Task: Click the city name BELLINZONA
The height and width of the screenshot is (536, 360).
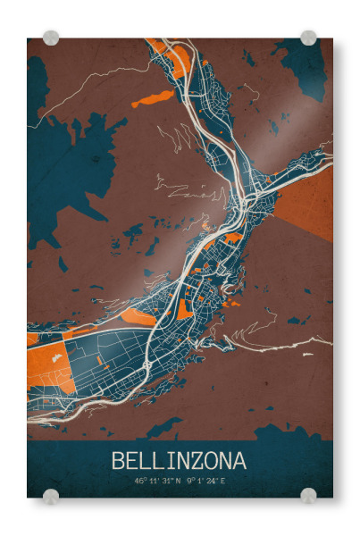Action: [179, 461]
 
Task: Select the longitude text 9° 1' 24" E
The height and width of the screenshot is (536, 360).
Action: [205, 482]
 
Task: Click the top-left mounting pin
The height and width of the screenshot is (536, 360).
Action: [51, 38]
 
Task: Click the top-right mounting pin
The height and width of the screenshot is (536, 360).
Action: [308, 38]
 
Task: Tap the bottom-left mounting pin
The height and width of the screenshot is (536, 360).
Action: [51, 496]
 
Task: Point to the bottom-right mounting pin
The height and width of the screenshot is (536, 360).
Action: [308, 496]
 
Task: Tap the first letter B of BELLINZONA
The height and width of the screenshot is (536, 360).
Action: [118, 461]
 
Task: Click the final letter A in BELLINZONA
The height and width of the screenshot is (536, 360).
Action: [239, 461]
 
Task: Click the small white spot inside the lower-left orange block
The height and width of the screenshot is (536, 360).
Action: [56, 357]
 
